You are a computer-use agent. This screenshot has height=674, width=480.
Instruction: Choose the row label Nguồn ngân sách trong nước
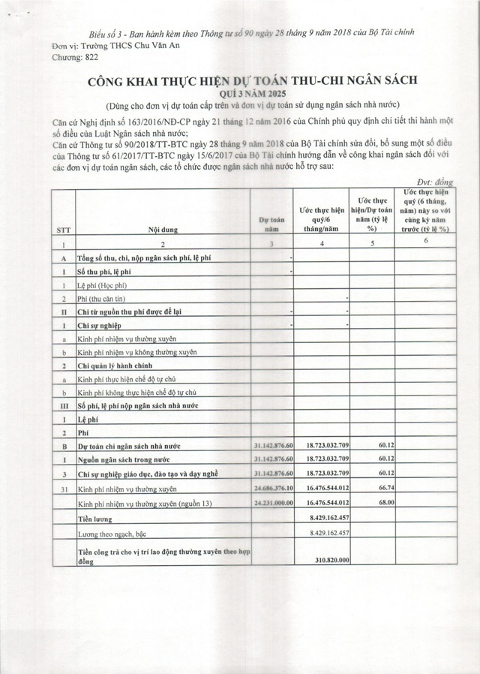pos(135,459)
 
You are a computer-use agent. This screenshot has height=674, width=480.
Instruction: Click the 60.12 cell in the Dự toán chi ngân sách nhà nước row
pos(381,445)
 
